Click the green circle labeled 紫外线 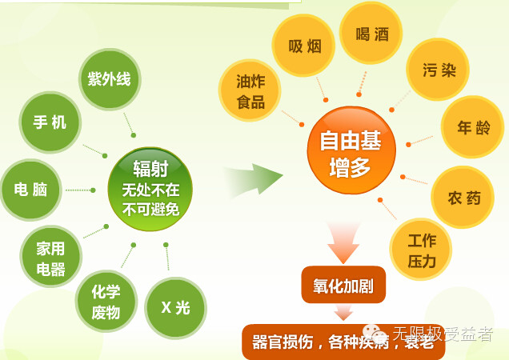click(x=110, y=79)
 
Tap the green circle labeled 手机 click(x=50, y=122)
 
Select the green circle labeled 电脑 click(x=30, y=190)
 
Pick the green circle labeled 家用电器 click(x=50, y=258)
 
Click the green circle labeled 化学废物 click(x=106, y=302)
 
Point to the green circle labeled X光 click(x=175, y=308)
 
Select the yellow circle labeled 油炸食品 click(x=250, y=90)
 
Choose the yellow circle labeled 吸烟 click(x=304, y=46)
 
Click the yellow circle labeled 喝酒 click(x=371, y=34)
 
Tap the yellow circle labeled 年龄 click(x=471, y=127)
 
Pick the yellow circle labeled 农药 click(x=463, y=197)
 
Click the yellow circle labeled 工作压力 click(x=421, y=250)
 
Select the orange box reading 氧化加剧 click(x=343, y=285)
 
